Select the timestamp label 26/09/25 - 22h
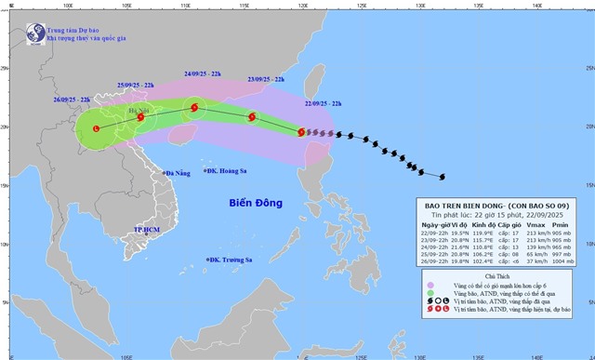[x=73, y=100]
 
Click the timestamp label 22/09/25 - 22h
[x=324, y=103]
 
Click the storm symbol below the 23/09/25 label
[x=251, y=117]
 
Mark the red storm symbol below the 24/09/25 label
[x=194, y=108]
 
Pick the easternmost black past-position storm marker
[x=443, y=177]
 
